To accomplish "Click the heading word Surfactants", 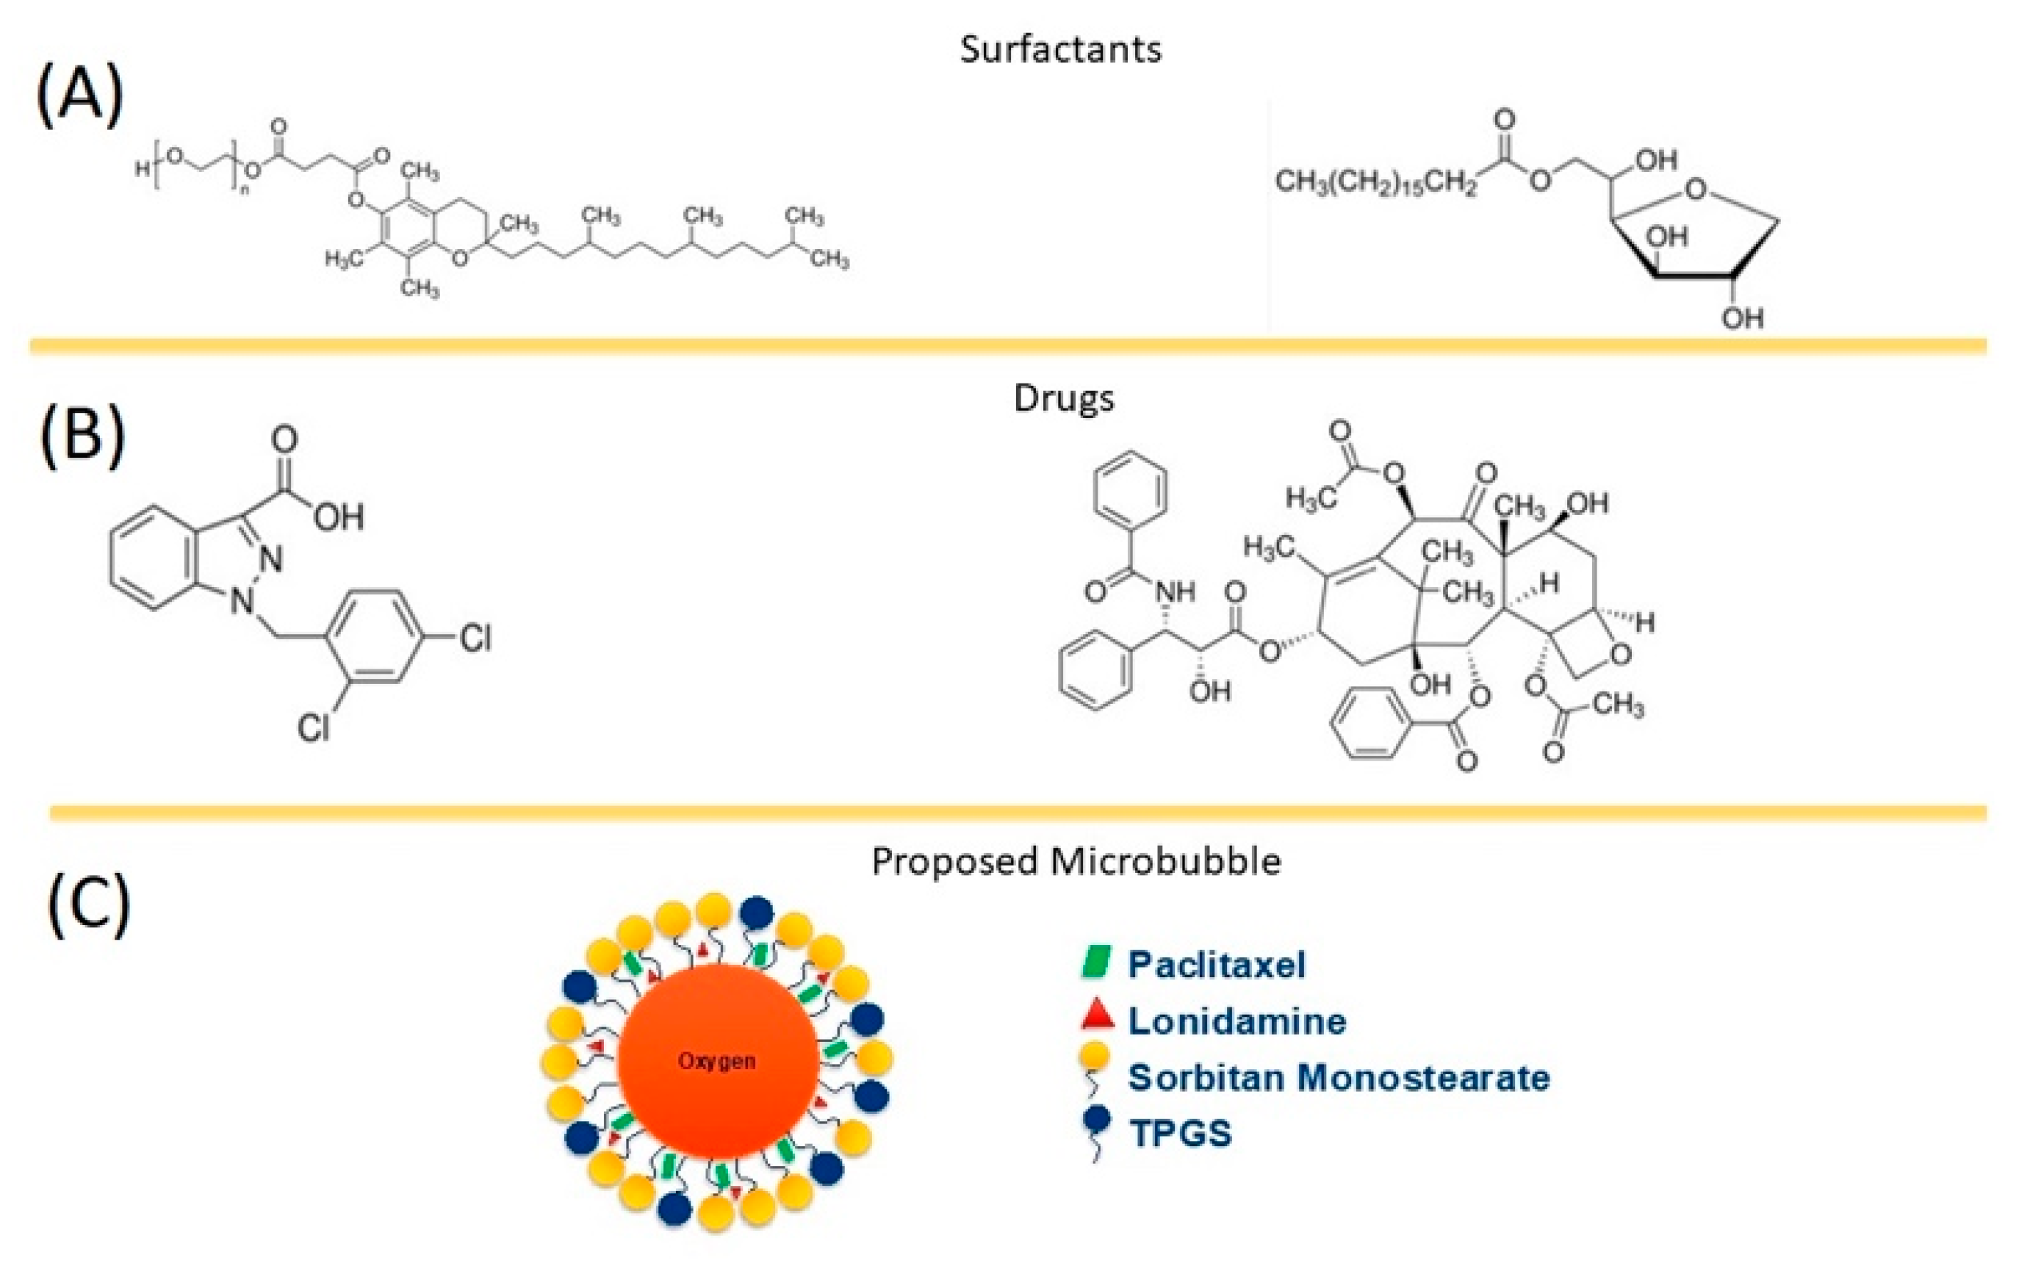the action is pos(1060,49).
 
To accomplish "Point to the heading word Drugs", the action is pos(1063,398).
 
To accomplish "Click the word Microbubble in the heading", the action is pos(1167,861).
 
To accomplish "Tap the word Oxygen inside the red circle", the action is pos(716,1061).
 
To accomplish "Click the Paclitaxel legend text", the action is pos(1217,964).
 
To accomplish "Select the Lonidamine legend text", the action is pos(1237,1021).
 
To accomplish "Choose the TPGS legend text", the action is pos(1180,1134).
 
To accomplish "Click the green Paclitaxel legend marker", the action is pos(1096,963).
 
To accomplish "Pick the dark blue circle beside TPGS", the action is pos(1097,1120).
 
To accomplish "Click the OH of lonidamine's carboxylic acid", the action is pos(339,517).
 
